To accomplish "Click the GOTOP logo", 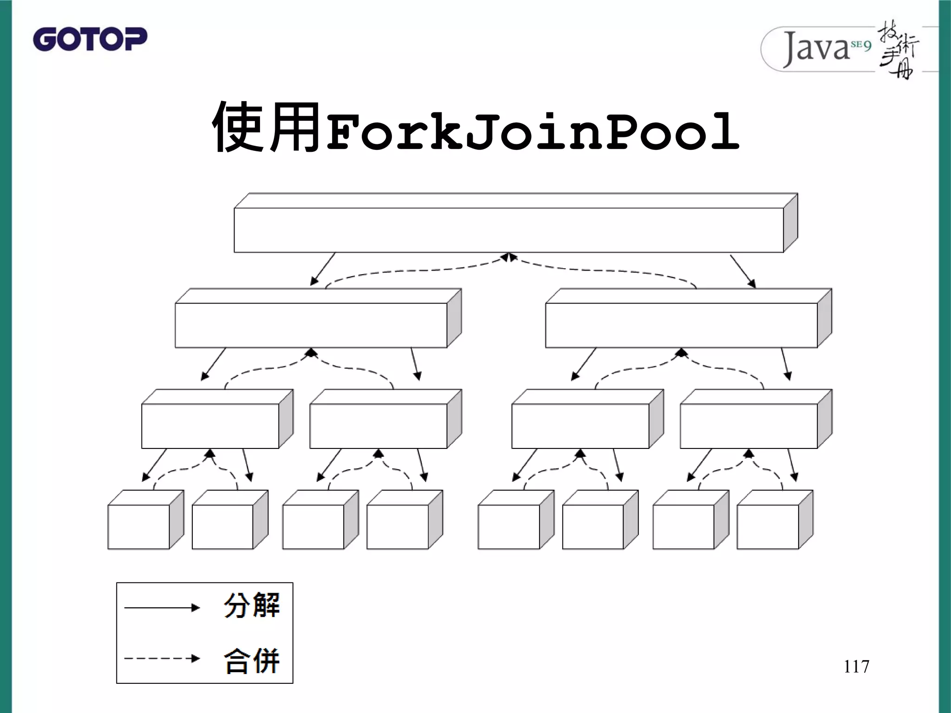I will pyautogui.click(x=90, y=39).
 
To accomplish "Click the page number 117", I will pyautogui.click(x=856, y=667).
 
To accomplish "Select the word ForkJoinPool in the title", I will pyautogui.click(x=532, y=132).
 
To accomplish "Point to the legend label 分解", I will pyautogui.click(x=252, y=605).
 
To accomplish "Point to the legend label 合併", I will pyautogui.click(x=252, y=660).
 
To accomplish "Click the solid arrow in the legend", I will pyautogui.click(x=162, y=608).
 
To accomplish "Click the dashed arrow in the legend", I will pyautogui.click(x=162, y=658).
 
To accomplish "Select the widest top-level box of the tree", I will pyautogui.click(x=508, y=230).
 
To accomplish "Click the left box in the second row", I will pyautogui.click(x=311, y=325).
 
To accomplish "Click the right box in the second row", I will pyautogui.click(x=681, y=325).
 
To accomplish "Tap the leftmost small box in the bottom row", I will pyautogui.click(x=138, y=526).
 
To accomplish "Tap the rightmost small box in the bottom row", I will pyautogui.click(x=768, y=526).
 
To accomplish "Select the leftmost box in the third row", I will pyautogui.click(x=210, y=426).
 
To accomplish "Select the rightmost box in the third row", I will pyautogui.click(x=749, y=426).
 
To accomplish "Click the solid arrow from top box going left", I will pyautogui.click(x=323, y=269).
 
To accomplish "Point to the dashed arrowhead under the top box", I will pyautogui.click(x=509, y=257).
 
